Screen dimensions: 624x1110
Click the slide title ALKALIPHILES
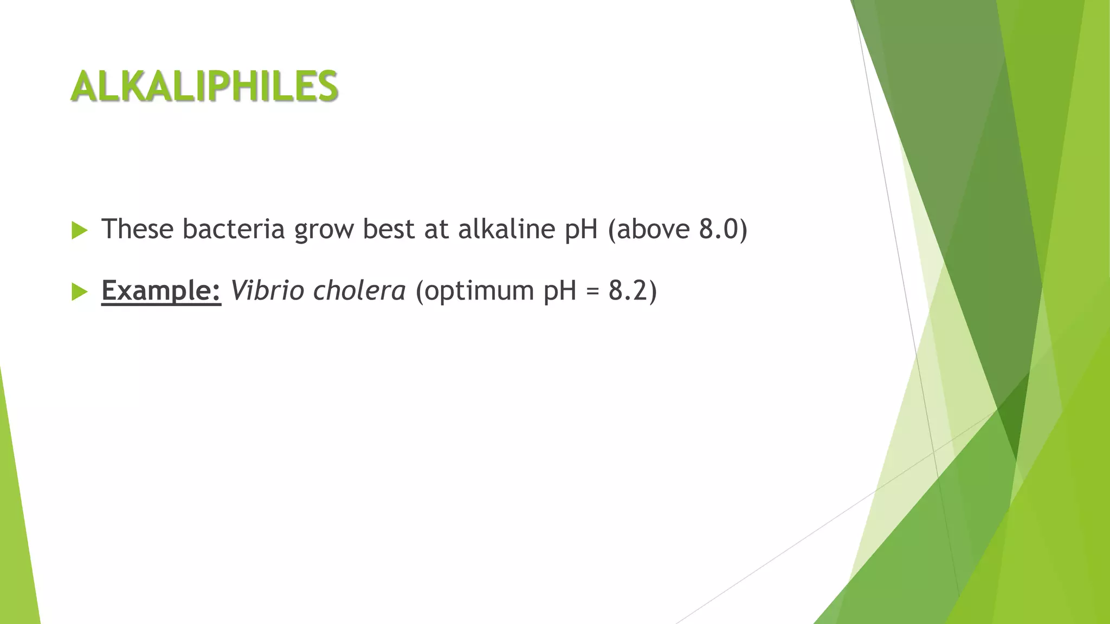click(x=204, y=86)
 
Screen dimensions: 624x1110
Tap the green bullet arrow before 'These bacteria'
click(x=79, y=230)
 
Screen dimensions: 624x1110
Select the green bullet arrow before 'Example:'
click(x=79, y=292)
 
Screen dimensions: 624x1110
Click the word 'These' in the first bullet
click(x=137, y=229)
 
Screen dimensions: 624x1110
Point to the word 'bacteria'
click(x=234, y=229)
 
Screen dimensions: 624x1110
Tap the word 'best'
click(x=388, y=229)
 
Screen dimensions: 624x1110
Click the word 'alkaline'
click(x=507, y=229)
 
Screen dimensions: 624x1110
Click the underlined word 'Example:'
click(x=161, y=291)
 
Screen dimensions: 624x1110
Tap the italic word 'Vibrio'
click(x=267, y=291)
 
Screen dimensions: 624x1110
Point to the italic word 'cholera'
click(x=359, y=291)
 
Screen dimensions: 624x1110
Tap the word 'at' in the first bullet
click(x=436, y=230)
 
